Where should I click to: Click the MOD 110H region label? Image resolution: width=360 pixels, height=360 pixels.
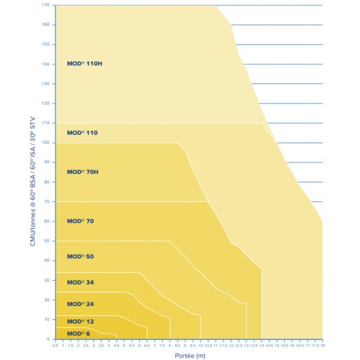click(x=85, y=64)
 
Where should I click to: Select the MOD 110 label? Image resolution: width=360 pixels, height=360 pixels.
click(x=82, y=133)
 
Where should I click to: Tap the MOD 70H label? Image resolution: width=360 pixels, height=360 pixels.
click(x=83, y=172)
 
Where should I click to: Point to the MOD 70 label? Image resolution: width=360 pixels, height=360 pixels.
click(x=80, y=221)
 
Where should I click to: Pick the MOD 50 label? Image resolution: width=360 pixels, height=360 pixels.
click(x=80, y=256)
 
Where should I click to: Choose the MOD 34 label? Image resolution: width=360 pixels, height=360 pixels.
click(x=80, y=283)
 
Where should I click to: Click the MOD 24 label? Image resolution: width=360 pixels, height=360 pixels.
click(x=80, y=304)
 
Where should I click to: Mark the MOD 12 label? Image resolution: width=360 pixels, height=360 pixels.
click(x=80, y=322)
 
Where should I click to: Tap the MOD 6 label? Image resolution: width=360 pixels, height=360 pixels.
click(x=78, y=334)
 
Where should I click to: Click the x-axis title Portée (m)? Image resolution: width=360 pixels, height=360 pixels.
click(x=190, y=356)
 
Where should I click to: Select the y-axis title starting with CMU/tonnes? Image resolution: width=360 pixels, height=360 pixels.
click(x=32, y=181)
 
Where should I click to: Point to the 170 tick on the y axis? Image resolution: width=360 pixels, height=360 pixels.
click(x=46, y=5)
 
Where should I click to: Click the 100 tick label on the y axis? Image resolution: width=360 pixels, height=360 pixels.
click(x=46, y=143)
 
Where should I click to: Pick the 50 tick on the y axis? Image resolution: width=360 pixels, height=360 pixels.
click(x=47, y=241)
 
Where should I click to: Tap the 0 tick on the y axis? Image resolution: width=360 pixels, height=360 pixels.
click(x=48, y=339)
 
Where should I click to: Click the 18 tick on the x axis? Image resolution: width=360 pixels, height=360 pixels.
click(x=323, y=346)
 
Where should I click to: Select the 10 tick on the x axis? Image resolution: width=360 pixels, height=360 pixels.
click(x=200, y=346)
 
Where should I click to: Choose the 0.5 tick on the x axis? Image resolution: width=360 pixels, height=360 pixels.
click(x=55, y=346)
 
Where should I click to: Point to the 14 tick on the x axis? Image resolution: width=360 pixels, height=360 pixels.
click(x=262, y=346)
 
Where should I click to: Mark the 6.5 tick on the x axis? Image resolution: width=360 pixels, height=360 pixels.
click(x=147, y=346)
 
